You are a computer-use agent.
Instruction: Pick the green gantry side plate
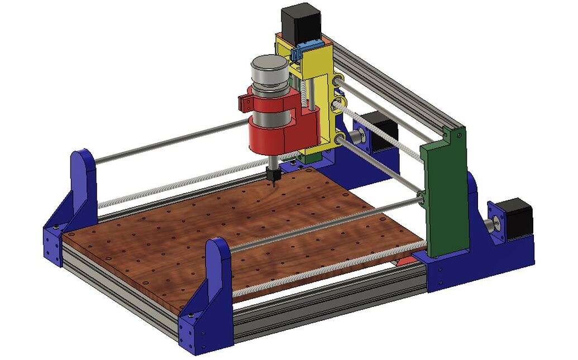(x=446, y=190)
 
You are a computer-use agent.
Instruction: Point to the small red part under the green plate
(x=406, y=260)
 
